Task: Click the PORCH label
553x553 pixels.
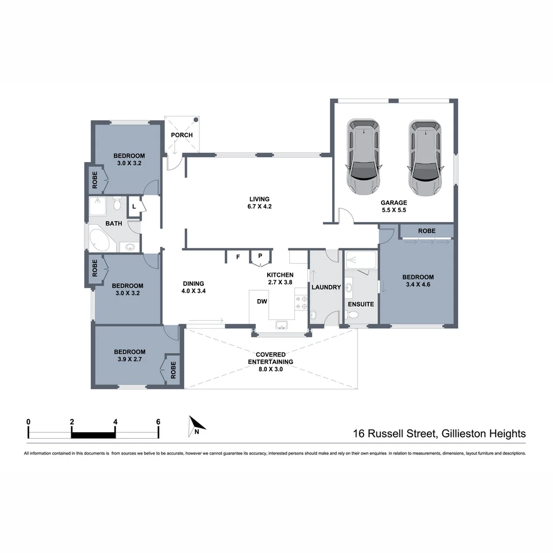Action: pos(182,135)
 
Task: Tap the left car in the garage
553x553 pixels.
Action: pos(364,157)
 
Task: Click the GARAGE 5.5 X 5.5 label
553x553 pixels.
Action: pos(394,206)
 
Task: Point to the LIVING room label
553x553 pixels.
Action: pos(259,203)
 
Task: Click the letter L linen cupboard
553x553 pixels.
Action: pos(134,207)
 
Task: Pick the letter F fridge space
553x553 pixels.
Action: pos(238,257)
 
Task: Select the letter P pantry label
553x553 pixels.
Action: pos(260,256)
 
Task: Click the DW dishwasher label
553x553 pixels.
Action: pos(262,302)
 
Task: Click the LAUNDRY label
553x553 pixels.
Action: pos(326,287)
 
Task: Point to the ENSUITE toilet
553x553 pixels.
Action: pos(352,314)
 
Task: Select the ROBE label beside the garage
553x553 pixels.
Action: pos(427,231)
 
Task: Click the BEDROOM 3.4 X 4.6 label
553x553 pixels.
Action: pos(418,281)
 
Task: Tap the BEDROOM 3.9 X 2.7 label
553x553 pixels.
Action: pos(130,355)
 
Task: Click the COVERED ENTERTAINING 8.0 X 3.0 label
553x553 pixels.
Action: pos(270,362)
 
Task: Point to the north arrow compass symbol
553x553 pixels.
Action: pos(196,426)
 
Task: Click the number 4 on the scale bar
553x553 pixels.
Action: pos(115,422)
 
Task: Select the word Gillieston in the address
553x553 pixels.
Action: pos(462,434)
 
